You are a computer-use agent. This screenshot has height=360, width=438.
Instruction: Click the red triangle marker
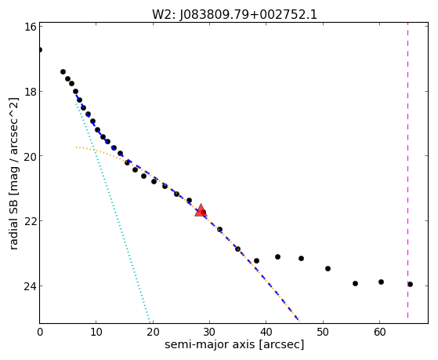(201, 211)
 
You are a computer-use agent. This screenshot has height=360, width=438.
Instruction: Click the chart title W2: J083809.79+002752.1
(234, 15)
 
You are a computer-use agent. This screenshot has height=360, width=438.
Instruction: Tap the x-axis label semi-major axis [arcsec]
(234, 344)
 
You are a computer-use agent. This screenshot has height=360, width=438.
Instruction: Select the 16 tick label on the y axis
(30, 27)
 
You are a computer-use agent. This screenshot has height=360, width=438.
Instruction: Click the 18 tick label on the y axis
(30, 92)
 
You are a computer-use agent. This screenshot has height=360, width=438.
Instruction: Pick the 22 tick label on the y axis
(30, 221)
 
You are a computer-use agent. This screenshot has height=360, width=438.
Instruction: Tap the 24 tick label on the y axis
(30, 285)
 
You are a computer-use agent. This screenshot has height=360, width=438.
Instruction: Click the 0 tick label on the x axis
(40, 333)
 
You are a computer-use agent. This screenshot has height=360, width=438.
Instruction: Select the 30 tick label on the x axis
(209, 333)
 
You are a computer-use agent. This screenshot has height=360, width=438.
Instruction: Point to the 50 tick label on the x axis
(323, 333)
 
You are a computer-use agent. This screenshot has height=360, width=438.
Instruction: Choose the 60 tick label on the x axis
(379, 333)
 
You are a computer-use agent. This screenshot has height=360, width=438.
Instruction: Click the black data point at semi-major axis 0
(40, 49)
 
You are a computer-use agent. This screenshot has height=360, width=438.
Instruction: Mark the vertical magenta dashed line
(407, 170)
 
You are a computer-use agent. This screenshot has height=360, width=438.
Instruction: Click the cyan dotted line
(112, 211)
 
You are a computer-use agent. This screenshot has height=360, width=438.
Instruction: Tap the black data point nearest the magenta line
(410, 284)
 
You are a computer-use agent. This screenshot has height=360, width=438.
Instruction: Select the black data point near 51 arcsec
(328, 268)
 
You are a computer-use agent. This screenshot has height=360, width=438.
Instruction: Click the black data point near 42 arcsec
(277, 256)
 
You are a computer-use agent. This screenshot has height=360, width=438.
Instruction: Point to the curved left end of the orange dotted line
(76, 147)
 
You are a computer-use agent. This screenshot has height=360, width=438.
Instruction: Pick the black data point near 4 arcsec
(63, 72)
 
